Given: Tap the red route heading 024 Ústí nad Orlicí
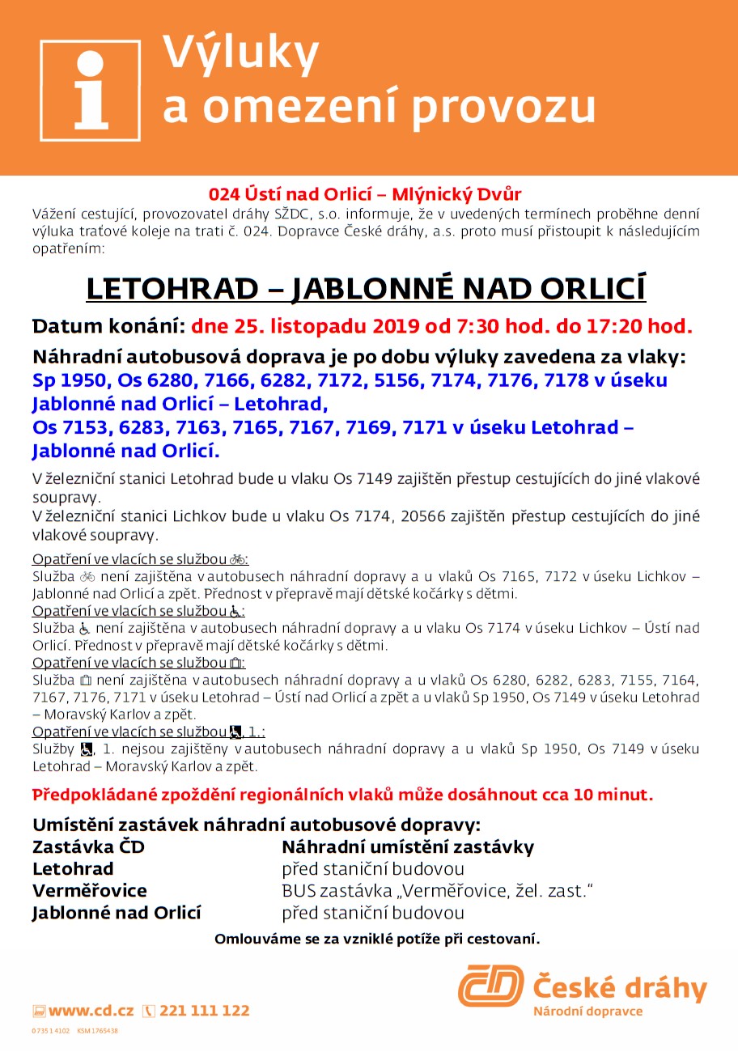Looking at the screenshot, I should [365, 194].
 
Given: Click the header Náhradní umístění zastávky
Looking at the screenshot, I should [407, 847].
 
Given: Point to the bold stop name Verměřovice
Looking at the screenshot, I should [90, 891].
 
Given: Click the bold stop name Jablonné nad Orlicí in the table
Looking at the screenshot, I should [117, 913].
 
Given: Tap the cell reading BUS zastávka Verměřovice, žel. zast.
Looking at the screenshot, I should [438, 891].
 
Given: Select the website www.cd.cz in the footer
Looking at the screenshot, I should [91, 1011].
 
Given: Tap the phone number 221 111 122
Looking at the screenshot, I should [204, 1011].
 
